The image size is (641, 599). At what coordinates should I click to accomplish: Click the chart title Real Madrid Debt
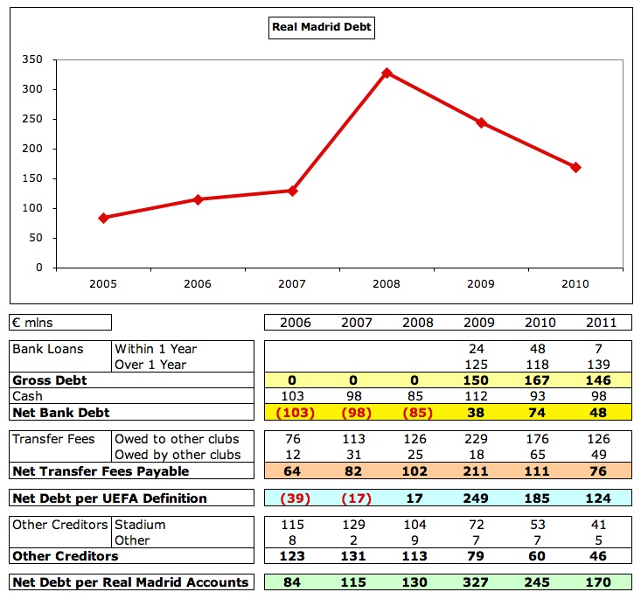click(321, 27)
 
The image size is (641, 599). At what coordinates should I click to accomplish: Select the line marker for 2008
click(387, 73)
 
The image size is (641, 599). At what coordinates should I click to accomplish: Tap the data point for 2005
click(103, 218)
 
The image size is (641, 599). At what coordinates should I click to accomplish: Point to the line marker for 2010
click(575, 167)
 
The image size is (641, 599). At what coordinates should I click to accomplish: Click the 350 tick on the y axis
click(32, 59)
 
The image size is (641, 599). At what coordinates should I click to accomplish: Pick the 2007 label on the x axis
click(292, 285)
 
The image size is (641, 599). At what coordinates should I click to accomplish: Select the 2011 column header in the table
click(602, 323)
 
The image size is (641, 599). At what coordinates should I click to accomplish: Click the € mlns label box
click(60, 323)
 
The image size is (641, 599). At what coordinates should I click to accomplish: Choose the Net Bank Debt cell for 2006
click(295, 411)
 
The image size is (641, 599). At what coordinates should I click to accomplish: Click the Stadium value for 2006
click(295, 525)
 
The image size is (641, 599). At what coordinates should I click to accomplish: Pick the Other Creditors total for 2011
click(602, 555)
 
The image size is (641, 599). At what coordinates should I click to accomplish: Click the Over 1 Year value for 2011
click(602, 365)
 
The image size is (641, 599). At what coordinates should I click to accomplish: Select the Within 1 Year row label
click(156, 349)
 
